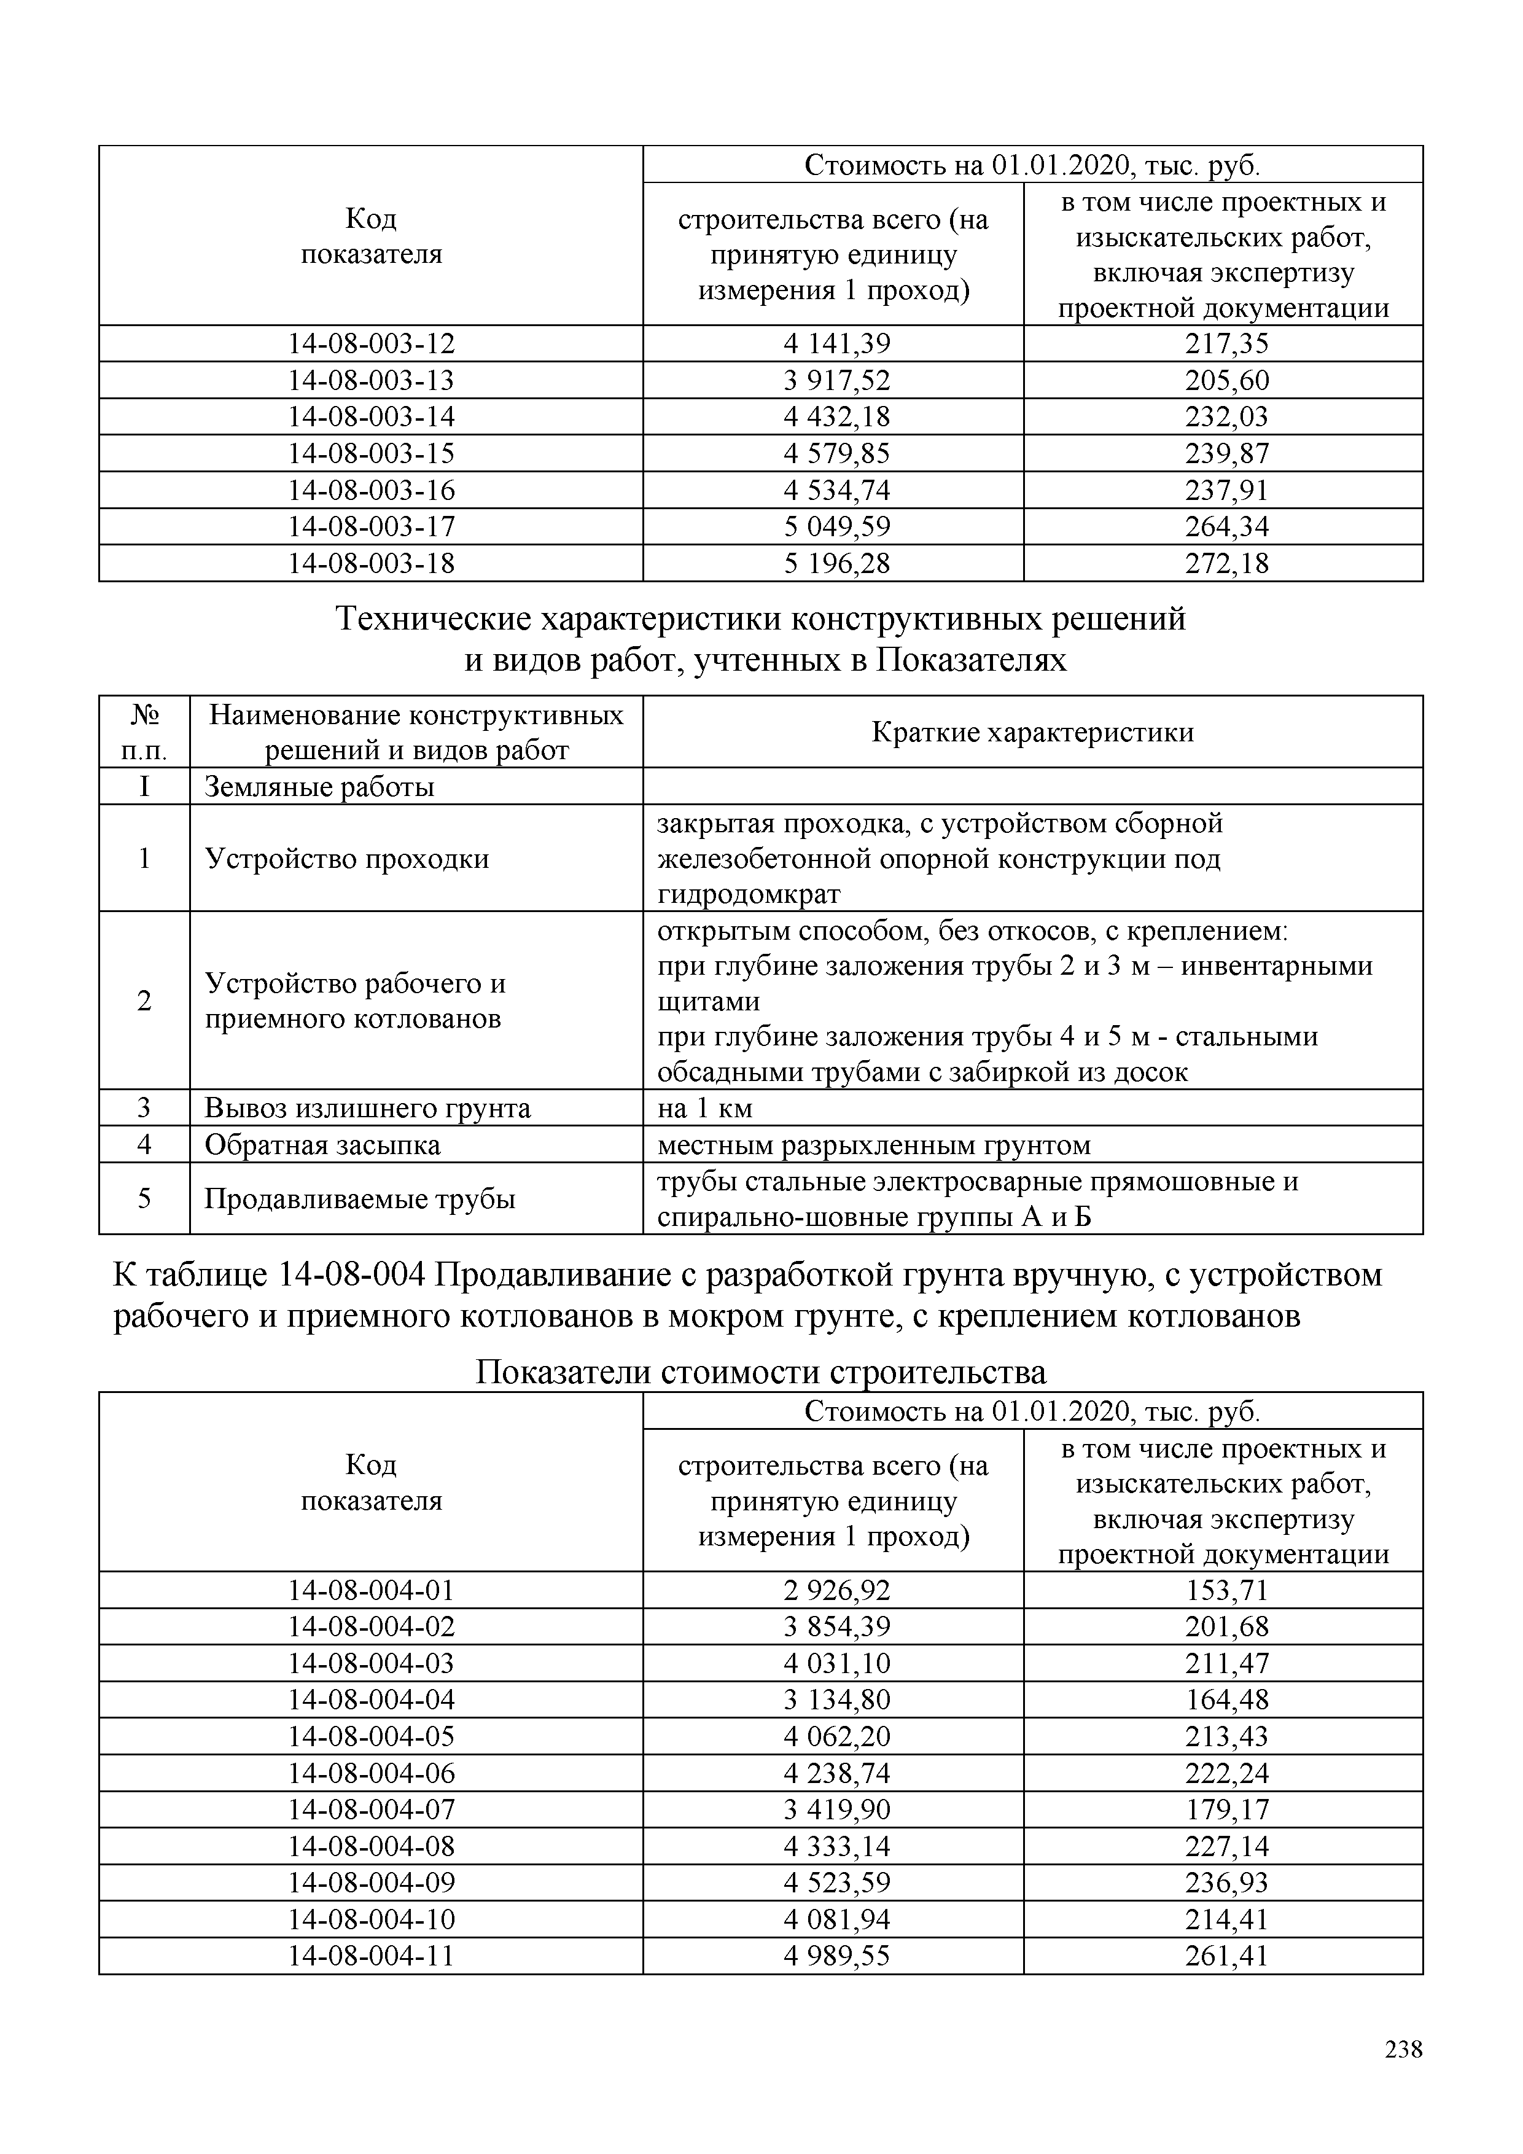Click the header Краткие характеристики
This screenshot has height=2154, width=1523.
[x=1032, y=732]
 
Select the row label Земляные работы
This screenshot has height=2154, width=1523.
[x=319, y=786]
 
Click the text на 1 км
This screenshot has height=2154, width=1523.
[x=705, y=1108]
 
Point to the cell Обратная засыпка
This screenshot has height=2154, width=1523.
[x=322, y=1144]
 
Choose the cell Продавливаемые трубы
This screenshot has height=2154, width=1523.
[x=359, y=1199]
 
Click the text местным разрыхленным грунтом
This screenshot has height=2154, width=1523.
[x=874, y=1144]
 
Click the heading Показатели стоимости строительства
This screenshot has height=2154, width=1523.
[x=760, y=1373]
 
